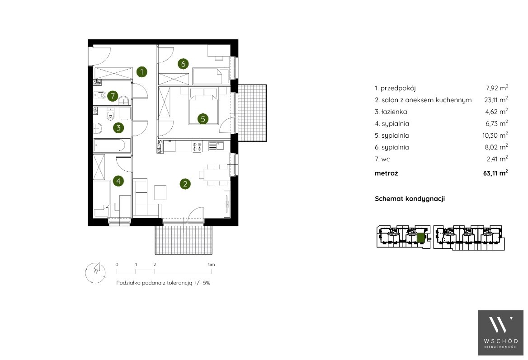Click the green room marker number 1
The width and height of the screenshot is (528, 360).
[x=142, y=72]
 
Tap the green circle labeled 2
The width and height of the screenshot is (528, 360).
[x=185, y=184]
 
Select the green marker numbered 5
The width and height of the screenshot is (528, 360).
[x=203, y=118]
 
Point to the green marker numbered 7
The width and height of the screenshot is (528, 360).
[x=113, y=96]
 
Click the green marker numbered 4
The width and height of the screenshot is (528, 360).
[x=118, y=181]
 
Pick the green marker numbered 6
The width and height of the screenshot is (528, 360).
[x=183, y=64]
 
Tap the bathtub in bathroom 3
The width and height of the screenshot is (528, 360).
[x=110, y=145]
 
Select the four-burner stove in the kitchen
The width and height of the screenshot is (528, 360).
[x=197, y=146]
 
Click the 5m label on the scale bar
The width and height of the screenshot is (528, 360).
[x=212, y=264]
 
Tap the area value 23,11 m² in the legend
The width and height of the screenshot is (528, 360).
[x=496, y=99]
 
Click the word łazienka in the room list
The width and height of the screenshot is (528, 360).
[x=394, y=112]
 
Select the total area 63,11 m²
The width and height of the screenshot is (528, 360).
[x=495, y=173]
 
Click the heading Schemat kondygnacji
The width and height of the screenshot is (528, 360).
[x=410, y=198]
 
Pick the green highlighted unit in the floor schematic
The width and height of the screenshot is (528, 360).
[x=421, y=238]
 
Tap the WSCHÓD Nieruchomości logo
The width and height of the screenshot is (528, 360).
[x=501, y=333]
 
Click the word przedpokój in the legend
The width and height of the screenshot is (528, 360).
[x=398, y=89]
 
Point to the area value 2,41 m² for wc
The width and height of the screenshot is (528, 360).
[x=497, y=159]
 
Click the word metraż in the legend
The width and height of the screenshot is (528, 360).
[x=386, y=173]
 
